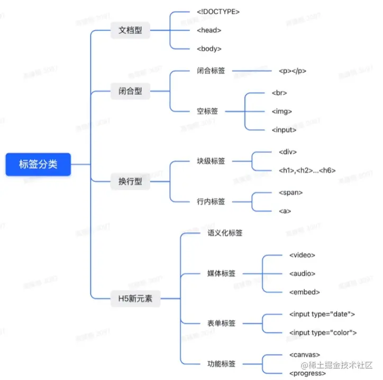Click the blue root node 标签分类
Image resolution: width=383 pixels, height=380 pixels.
tap(38, 164)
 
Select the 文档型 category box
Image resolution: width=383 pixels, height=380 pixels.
tap(130, 30)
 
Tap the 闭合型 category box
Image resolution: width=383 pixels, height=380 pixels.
tap(130, 91)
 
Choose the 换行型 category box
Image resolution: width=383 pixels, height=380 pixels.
tap(130, 182)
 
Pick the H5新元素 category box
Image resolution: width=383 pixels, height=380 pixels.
tap(135, 298)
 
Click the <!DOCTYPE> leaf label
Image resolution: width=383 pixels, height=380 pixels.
tap(217, 11)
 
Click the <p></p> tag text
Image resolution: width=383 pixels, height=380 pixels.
tap(293, 70)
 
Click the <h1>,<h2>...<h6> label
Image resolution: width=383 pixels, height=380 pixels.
tap(307, 170)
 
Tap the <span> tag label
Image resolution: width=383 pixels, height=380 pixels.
tap(290, 193)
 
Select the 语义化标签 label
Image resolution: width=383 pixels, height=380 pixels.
tap(225, 232)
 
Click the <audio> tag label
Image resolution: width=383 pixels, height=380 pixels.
tap(302, 274)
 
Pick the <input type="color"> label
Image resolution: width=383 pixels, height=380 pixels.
tap(323, 332)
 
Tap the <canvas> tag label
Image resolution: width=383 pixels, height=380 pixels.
tap(305, 354)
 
